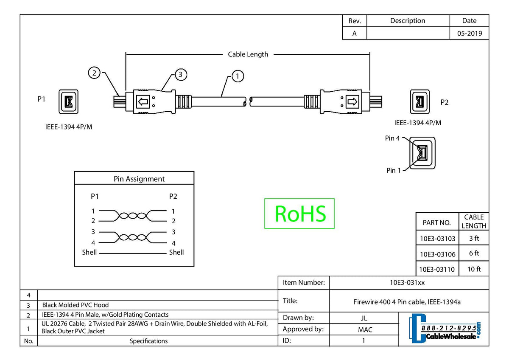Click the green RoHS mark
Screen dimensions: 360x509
coord(299,214)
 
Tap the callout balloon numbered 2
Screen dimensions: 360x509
coord(94,73)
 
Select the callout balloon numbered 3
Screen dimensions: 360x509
coord(180,75)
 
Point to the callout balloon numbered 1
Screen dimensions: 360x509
coord(238,76)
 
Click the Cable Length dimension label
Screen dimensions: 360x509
coord(248,54)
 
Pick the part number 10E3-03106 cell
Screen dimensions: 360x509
coord(437,254)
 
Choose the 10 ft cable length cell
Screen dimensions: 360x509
coord(474,269)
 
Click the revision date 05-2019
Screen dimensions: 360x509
coord(469,34)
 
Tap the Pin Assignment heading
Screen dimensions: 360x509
coord(139,179)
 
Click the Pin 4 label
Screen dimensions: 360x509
coord(392,138)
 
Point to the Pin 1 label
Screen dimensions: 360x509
coord(393,170)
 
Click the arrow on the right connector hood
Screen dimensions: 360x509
coord(352,102)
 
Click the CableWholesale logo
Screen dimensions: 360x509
coord(445,329)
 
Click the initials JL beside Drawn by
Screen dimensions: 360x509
coord(364,318)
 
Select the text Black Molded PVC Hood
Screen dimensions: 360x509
coord(76,305)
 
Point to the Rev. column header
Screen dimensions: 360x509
coord(354,21)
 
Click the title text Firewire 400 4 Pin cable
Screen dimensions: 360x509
coord(407,302)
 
